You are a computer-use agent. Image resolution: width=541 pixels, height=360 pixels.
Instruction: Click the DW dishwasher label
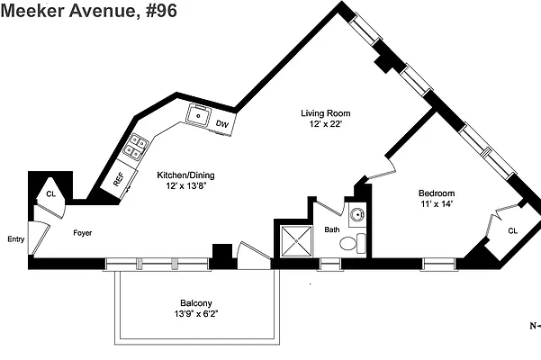(x=222, y=124)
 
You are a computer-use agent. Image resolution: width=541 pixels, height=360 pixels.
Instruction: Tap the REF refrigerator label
(x=119, y=179)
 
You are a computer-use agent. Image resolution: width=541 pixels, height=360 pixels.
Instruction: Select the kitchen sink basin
(x=198, y=115)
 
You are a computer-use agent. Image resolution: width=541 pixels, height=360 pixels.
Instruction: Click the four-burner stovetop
(x=136, y=147)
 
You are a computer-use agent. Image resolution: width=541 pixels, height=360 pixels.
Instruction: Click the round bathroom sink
(x=357, y=215)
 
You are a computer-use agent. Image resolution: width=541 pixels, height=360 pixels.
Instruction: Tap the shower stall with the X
(x=296, y=241)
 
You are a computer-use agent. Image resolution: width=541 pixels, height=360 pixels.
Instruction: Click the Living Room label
(x=325, y=113)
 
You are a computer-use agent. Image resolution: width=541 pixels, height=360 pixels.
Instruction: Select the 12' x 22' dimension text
(x=325, y=124)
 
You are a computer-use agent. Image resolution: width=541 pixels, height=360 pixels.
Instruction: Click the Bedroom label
(x=437, y=193)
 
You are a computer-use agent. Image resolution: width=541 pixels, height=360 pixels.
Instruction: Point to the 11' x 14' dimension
(x=437, y=203)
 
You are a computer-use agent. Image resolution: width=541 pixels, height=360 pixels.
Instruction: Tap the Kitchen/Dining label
(x=185, y=175)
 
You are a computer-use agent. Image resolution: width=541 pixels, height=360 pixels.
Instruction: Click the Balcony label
(x=196, y=303)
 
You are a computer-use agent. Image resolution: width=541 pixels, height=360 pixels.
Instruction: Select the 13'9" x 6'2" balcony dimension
(x=196, y=314)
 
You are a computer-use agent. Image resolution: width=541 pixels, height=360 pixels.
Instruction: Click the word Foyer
(x=83, y=233)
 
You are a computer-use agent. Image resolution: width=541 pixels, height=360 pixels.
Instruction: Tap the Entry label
(x=16, y=239)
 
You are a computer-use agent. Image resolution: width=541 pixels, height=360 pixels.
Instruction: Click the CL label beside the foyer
(x=50, y=194)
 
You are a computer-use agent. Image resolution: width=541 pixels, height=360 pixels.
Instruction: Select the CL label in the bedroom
(x=513, y=230)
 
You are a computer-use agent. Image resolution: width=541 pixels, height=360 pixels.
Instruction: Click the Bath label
(x=332, y=229)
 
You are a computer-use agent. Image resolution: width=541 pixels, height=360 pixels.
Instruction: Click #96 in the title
(x=161, y=10)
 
